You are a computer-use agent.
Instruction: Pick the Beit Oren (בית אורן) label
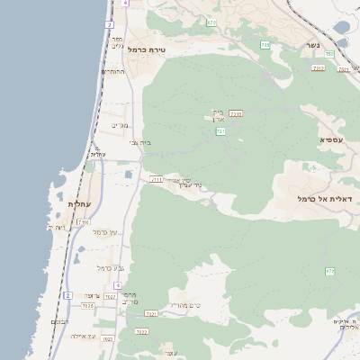click(217, 116)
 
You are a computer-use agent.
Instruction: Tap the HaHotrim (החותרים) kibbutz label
click(112, 71)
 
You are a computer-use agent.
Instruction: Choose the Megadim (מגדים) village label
click(120, 125)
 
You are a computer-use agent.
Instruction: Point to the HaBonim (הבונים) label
click(59, 321)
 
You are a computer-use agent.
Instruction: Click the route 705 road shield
click(265, 44)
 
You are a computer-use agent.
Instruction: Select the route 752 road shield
click(329, 54)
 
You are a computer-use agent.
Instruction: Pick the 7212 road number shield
click(318, 67)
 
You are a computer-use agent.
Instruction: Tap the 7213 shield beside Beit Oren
click(237, 113)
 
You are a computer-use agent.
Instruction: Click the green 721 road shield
click(220, 131)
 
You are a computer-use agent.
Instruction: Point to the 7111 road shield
click(156, 179)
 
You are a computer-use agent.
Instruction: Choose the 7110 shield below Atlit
click(84, 221)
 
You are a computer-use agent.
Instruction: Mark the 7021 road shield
click(151, 313)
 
